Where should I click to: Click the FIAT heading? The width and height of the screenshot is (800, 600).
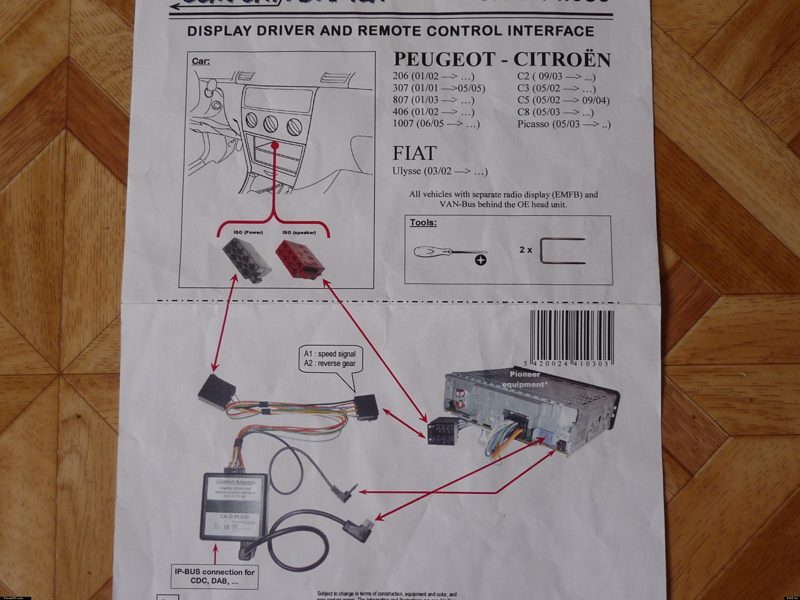pyautogui.click(x=414, y=153)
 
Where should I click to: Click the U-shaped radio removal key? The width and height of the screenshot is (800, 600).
pyautogui.click(x=562, y=251)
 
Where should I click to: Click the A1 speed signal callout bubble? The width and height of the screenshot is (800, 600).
pyautogui.click(x=329, y=359)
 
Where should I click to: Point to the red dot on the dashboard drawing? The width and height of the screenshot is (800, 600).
pyautogui.click(x=275, y=145)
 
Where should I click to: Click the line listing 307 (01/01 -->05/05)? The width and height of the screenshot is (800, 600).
pyautogui.click(x=439, y=88)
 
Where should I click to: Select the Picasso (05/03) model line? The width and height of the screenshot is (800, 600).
pyautogui.click(x=563, y=124)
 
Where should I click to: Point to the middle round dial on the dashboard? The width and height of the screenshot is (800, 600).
pyautogui.click(x=270, y=124)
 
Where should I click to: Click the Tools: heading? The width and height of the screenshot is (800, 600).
pyautogui.click(x=423, y=222)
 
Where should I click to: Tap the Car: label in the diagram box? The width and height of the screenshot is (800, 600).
pyautogui.click(x=201, y=61)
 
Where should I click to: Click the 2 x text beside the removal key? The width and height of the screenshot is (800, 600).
pyautogui.click(x=526, y=250)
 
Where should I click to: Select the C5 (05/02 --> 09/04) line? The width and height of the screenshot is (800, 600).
pyautogui.click(x=563, y=100)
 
